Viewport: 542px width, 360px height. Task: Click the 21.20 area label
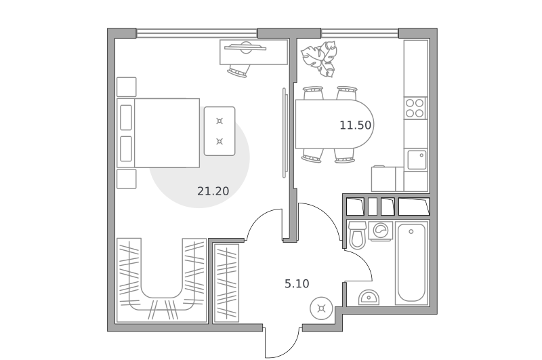click(x=213, y=191)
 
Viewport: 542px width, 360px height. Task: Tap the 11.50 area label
click(x=355, y=125)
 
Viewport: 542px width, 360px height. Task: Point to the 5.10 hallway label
click(x=297, y=284)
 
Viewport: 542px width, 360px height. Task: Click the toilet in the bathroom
click(x=357, y=235)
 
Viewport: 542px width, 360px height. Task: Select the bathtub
click(x=411, y=263)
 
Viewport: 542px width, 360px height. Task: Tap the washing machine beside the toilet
click(x=381, y=231)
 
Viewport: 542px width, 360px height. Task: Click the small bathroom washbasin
click(x=369, y=298)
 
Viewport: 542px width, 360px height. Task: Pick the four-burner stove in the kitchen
click(x=415, y=108)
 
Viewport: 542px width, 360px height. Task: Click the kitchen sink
click(x=417, y=160)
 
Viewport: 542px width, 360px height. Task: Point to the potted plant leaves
click(x=320, y=59)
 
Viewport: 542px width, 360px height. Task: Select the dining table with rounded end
click(x=334, y=124)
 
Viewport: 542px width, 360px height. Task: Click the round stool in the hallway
click(x=321, y=308)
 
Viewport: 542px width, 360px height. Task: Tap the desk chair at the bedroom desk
click(x=238, y=71)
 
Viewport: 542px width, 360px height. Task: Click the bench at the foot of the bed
click(x=220, y=131)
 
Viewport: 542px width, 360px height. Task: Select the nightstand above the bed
click(x=127, y=87)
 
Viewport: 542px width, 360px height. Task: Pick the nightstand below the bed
click(x=127, y=179)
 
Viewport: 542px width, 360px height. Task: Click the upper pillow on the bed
click(x=126, y=117)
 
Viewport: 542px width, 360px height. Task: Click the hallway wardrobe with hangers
click(x=226, y=283)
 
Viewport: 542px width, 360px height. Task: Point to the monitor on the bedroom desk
click(x=245, y=47)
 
